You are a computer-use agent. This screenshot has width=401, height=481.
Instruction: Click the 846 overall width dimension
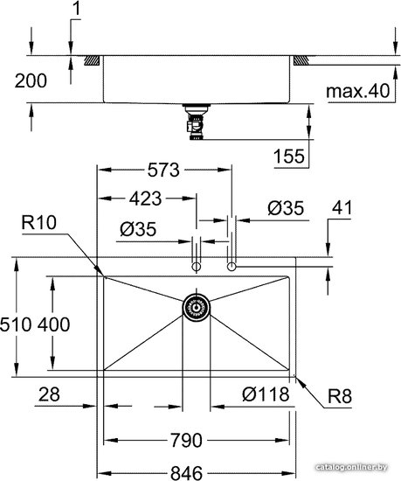(187, 473)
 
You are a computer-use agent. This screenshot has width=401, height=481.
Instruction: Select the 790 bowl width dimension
(186, 440)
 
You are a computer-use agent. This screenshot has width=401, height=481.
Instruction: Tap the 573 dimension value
(163, 170)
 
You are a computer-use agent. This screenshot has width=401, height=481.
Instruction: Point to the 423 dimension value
(145, 199)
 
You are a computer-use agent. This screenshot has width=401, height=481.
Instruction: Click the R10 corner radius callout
(39, 222)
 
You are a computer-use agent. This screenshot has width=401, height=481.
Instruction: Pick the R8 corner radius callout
(340, 396)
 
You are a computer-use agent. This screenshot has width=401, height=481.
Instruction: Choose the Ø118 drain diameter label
(266, 394)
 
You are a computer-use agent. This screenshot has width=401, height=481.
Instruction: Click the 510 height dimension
(16, 324)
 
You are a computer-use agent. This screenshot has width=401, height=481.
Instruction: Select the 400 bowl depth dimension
(53, 324)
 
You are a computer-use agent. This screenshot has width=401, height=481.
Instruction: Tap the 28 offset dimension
(49, 394)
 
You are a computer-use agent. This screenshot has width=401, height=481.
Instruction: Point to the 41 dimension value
(342, 207)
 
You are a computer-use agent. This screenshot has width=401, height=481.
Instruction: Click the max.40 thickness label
(358, 91)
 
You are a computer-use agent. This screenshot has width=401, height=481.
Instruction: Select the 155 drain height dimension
(289, 156)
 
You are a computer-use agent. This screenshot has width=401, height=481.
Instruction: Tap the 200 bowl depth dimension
(31, 80)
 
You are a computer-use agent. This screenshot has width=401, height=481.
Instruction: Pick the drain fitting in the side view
(196, 122)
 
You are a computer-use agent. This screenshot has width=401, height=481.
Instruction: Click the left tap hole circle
(196, 267)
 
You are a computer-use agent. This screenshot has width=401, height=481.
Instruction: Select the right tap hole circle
(232, 267)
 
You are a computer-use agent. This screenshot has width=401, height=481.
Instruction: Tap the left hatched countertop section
(92, 60)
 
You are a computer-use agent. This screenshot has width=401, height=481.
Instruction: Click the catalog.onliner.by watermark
(351, 468)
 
